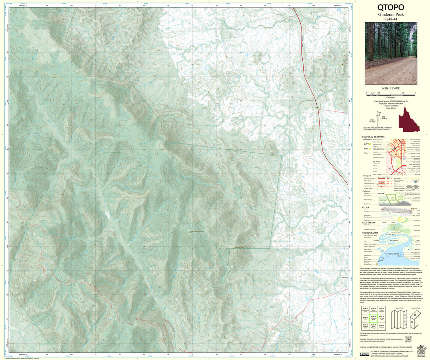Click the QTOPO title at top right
click(391, 7)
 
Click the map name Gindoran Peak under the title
click(391, 14)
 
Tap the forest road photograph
click(391, 47)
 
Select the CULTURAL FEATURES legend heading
click(373, 137)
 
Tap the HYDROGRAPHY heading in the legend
click(371, 233)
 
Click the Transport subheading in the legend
click(367, 176)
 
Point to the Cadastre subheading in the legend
click(366, 190)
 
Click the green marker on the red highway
click(317, 108)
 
